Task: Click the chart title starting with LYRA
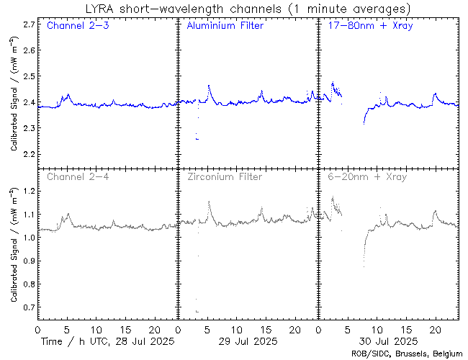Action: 246,9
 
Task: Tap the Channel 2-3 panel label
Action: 77,26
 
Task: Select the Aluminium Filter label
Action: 225,26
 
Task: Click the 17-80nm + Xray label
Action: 367,26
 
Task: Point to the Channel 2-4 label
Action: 77,176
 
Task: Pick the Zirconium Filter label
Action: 224,176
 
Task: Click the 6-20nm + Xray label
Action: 366,176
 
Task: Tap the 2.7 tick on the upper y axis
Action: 29,24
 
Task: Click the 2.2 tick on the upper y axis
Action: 29,154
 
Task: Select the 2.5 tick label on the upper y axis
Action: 29,76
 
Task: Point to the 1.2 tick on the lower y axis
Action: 29,191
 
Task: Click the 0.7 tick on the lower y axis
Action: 29,307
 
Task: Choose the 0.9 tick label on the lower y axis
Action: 29,261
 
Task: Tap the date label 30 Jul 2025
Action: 387,341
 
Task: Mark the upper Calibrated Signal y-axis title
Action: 14,101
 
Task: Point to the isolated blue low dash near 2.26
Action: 197,138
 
